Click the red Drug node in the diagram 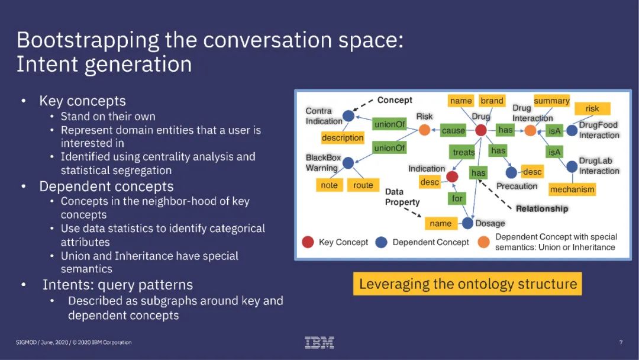(x=481, y=130)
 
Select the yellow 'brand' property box (x=492, y=101)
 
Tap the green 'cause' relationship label (x=453, y=130)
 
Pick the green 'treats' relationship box (x=464, y=152)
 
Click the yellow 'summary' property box (x=551, y=101)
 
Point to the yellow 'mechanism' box (x=572, y=189)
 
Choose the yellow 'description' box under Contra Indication (x=343, y=138)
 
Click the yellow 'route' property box (x=363, y=185)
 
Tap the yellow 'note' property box (x=329, y=185)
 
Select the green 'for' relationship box (x=457, y=198)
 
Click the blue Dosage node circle (x=467, y=223)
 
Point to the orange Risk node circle (x=424, y=130)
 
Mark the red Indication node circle (x=452, y=176)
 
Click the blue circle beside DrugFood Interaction (x=572, y=130)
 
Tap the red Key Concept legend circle (x=308, y=242)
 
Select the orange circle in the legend (x=484, y=242)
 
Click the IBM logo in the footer (x=319, y=342)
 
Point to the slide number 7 (x=621, y=342)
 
